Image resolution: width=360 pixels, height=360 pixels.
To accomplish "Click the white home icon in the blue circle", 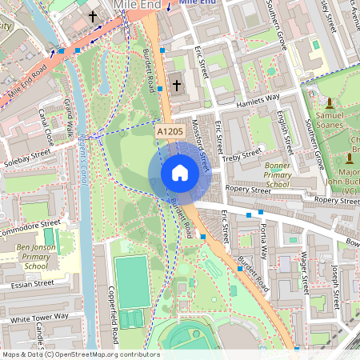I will tap(180, 173).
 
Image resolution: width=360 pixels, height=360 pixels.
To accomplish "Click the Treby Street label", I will tap(242, 154).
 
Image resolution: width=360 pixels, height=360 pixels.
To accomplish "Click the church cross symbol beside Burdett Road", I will tap(176, 84).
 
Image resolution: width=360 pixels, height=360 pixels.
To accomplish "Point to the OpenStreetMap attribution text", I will tap(81, 354).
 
